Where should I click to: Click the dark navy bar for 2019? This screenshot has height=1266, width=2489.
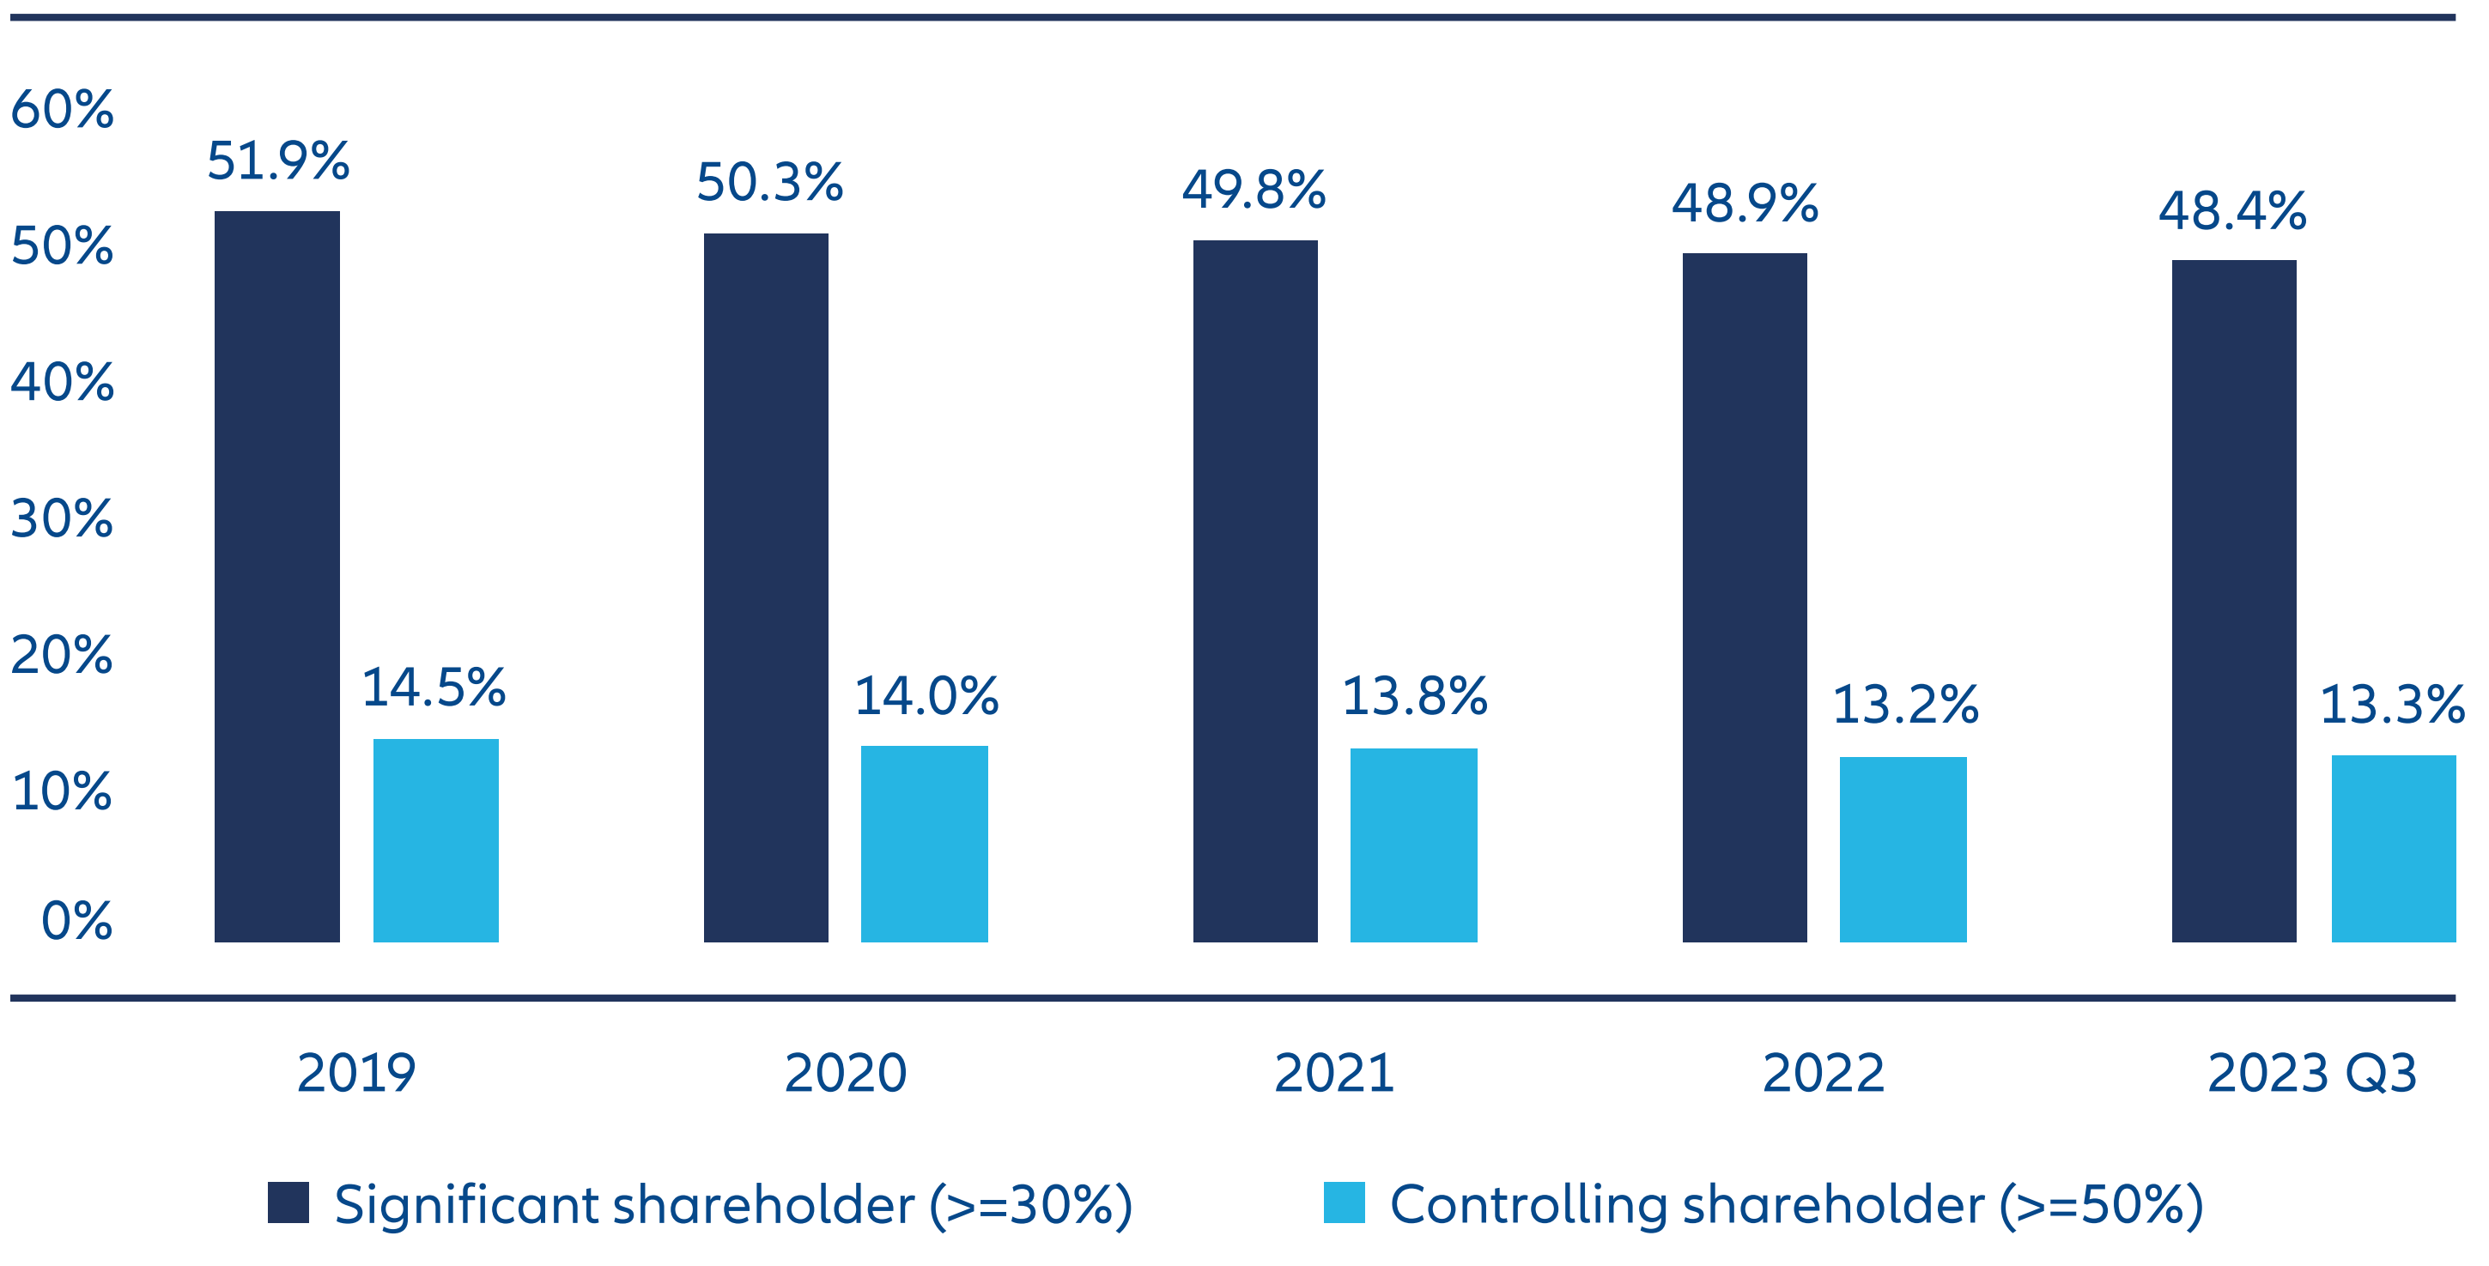point(277,577)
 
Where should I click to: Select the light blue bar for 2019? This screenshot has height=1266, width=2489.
point(436,840)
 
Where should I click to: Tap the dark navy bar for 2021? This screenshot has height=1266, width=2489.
point(1255,591)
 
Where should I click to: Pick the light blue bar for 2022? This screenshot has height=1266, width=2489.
point(1903,849)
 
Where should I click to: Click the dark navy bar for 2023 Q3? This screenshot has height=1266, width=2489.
point(2234,601)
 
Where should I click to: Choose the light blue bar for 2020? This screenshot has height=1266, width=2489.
point(924,843)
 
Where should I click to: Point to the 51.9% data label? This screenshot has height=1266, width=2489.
point(278,161)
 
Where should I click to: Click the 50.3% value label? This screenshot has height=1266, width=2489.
point(769,183)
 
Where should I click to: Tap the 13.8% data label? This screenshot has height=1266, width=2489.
point(1415,696)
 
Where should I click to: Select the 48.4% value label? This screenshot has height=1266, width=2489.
point(2233,210)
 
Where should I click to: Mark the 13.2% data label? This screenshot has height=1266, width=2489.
point(1904,704)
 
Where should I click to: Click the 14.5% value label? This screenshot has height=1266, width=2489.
point(434,688)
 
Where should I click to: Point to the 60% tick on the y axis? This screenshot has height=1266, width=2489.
point(62,109)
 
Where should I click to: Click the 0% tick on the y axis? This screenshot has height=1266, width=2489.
point(76,920)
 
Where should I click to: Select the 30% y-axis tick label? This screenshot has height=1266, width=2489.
point(62,518)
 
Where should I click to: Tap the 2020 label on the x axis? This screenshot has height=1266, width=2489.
point(846,1073)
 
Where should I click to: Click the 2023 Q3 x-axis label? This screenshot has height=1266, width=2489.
point(2312,1073)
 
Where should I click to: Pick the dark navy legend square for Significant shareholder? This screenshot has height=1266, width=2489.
point(288,1202)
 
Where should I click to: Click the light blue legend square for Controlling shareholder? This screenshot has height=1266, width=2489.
point(1344,1202)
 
